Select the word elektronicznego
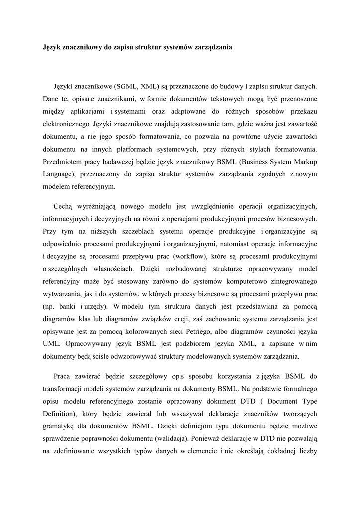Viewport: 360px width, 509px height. (66, 122)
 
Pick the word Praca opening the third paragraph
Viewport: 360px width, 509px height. (64, 376)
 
